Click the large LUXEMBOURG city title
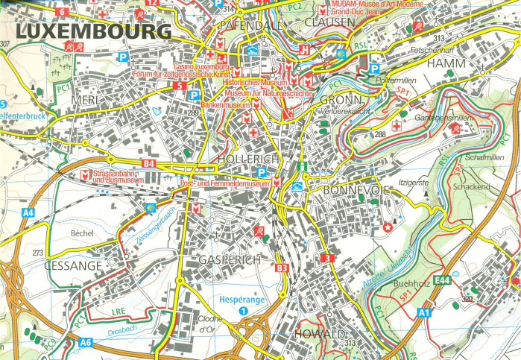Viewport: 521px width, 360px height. (92, 32)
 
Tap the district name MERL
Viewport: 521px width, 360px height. (86, 100)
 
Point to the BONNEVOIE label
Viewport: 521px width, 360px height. (356, 191)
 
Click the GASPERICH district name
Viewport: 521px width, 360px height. (230, 259)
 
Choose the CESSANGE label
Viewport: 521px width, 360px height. (72, 265)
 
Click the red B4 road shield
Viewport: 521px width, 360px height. (148, 163)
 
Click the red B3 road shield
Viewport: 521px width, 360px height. (282, 267)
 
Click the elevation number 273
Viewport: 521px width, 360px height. (38, 253)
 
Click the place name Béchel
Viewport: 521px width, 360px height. (80, 233)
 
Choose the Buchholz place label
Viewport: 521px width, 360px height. (409, 283)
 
